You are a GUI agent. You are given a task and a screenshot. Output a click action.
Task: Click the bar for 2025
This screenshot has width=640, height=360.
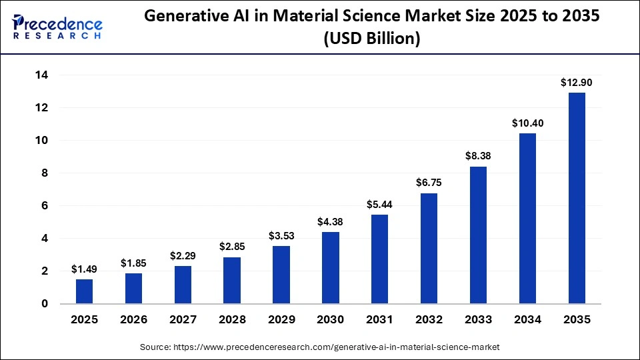84,291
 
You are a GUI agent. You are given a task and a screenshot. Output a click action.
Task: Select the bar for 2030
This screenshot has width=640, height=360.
330,268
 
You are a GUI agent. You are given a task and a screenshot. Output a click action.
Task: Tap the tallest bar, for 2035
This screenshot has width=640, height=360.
576,198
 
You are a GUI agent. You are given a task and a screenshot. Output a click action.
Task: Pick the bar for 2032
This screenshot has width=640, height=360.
429,248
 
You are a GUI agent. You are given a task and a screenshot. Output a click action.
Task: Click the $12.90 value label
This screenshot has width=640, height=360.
576,83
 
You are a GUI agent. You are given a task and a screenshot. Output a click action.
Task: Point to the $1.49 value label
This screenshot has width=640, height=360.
84,269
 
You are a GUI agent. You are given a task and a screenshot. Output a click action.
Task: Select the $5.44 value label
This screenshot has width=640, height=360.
379,205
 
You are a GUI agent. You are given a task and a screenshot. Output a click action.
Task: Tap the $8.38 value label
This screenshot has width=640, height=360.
478,157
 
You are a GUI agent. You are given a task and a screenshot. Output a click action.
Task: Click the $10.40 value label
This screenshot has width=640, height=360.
527,123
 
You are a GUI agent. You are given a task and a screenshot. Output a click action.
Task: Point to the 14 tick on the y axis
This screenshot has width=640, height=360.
41,75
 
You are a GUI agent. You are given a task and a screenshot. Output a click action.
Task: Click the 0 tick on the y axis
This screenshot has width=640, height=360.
45,304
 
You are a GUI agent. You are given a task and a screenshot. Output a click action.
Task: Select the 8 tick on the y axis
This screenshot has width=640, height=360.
45,173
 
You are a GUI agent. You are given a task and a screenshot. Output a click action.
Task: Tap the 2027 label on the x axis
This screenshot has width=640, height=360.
183,320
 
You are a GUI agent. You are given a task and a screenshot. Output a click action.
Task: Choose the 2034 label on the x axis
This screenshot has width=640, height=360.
527,320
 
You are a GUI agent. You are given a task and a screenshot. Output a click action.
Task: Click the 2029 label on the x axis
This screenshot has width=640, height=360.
281,320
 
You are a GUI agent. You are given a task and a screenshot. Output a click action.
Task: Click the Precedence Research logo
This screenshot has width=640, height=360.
57,27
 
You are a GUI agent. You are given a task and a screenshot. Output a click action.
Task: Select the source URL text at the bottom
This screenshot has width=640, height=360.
319,347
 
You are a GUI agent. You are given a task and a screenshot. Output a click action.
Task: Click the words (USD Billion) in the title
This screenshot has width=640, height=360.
371,39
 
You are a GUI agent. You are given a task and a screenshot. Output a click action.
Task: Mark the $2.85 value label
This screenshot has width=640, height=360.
232,247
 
